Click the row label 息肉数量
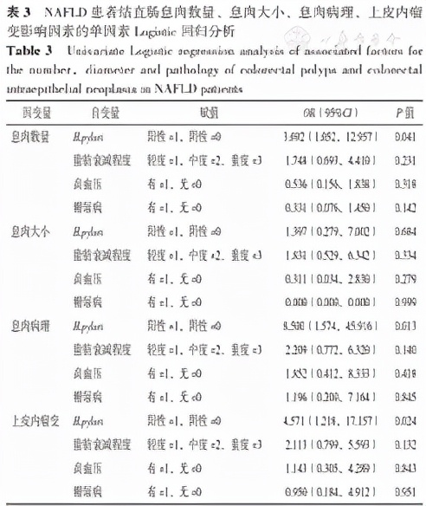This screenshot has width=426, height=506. coord(31,137)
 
